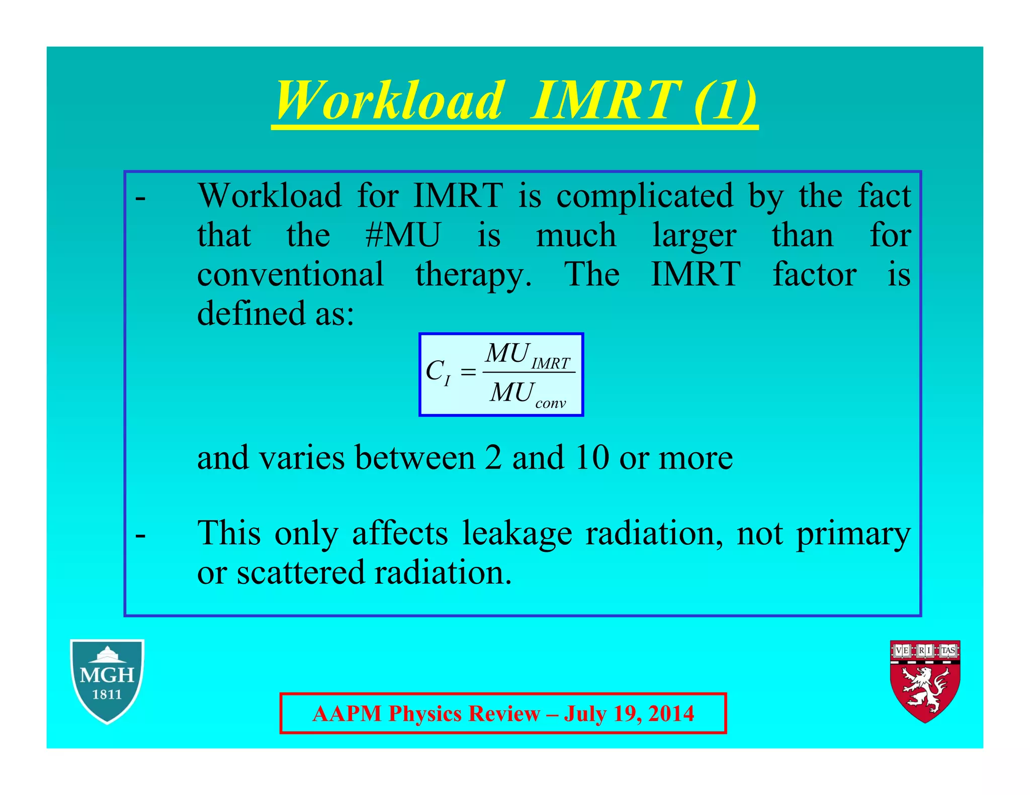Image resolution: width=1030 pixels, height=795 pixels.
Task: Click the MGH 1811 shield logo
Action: [107, 680]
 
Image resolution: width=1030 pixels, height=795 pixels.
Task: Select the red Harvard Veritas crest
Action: [925, 680]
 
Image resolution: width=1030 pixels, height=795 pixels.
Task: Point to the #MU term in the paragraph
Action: [403, 235]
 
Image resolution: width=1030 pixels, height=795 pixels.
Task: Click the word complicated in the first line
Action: [644, 195]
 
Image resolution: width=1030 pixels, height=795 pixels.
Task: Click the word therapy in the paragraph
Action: [473, 275]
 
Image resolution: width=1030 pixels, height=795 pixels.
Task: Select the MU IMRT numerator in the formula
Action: [527, 355]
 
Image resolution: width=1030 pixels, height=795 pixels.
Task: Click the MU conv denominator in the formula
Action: [527, 394]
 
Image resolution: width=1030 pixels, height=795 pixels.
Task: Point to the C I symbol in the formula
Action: [438, 373]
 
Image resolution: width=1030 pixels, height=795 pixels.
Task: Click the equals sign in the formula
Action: [468, 373]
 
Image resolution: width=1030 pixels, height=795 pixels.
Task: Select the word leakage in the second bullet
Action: [517, 534]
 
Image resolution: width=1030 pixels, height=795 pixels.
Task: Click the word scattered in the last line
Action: [300, 572]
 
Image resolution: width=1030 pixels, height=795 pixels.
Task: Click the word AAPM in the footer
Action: [347, 714]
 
